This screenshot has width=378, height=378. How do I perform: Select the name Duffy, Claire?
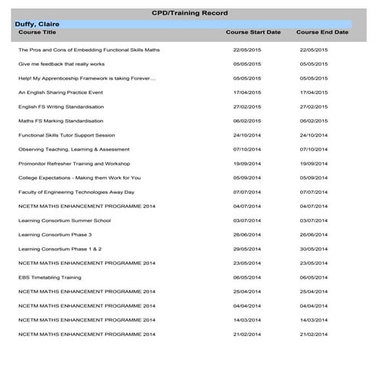point(37,24)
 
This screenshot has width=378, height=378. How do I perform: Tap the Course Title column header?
point(37,33)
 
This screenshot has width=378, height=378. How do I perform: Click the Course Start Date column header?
point(253,33)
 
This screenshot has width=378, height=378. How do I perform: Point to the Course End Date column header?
point(322,33)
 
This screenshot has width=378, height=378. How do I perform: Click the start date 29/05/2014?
point(247,249)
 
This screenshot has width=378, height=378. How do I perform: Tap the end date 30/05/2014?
point(314,249)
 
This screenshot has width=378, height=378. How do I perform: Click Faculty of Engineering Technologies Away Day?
point(76,192)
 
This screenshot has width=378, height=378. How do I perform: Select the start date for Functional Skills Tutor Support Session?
point(247,134)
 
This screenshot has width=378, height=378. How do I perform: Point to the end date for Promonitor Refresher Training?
point(314,163)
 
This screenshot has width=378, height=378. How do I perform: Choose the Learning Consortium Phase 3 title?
point(55,234)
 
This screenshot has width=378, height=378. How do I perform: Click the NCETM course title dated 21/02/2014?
point(86,334)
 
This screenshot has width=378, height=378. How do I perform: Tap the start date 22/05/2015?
point(247,50)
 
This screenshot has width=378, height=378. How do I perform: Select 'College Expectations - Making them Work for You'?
point(79,177)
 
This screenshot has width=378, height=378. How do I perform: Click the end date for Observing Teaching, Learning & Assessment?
point(314,149)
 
